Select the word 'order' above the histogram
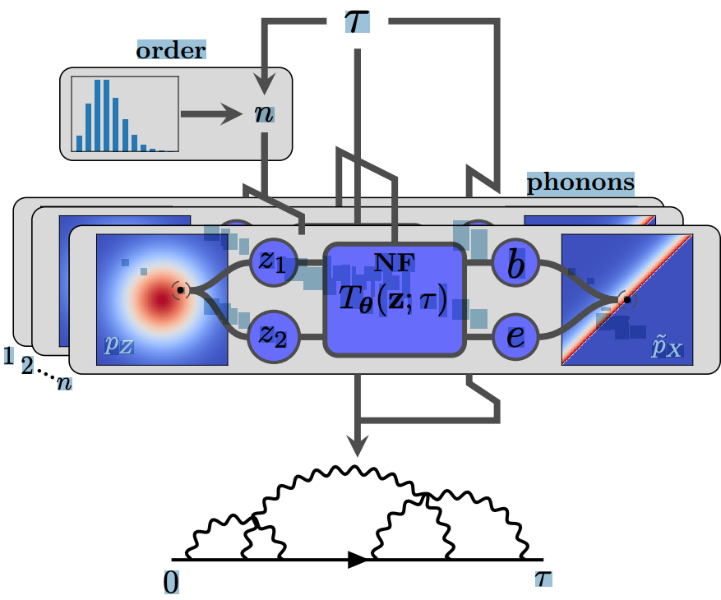click(171, 50)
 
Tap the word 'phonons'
click(580, 182)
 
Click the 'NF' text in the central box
click(395, 262)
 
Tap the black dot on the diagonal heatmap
click(626, 300)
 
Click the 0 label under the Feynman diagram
click(171, 581)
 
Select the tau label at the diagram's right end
click(543, 578)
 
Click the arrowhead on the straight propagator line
click(355, 560)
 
